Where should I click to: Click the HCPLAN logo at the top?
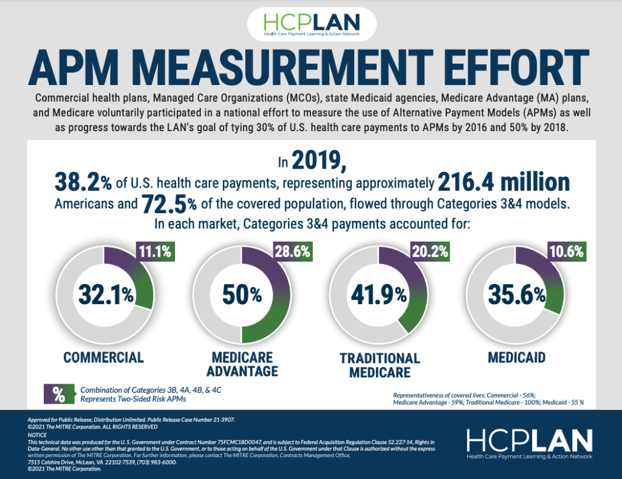coord(311,24)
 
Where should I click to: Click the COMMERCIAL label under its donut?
coord(104,356)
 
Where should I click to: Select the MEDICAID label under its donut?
coord(516,356)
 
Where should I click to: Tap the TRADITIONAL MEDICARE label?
coord(380,365)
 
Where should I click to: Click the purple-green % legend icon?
coord(59,394)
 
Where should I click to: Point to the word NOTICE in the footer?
coord(38,435)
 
